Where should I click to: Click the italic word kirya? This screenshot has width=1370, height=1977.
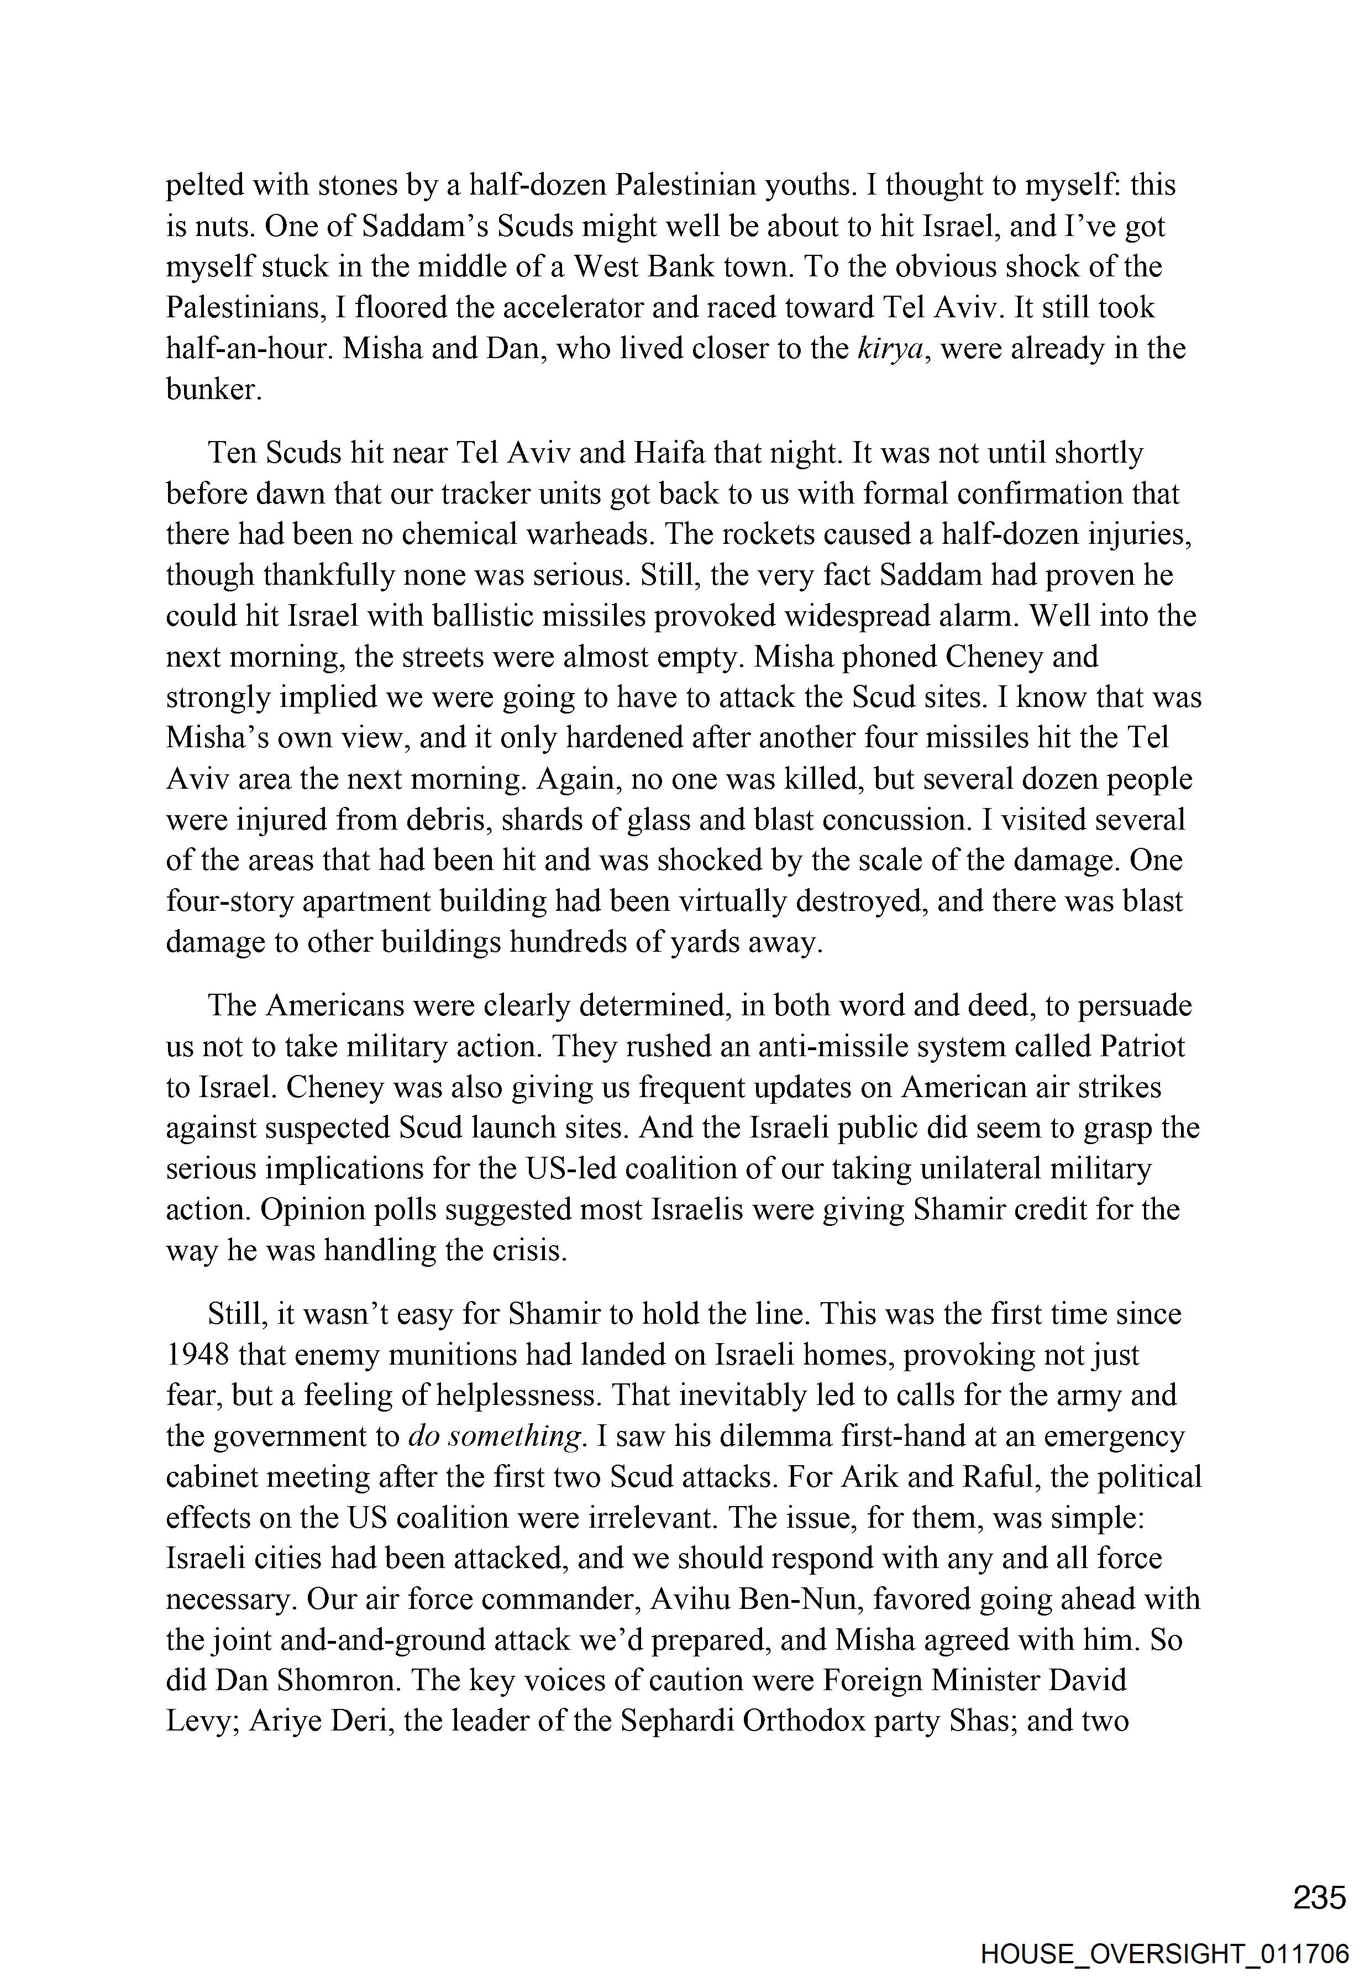(x=891, y=349)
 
